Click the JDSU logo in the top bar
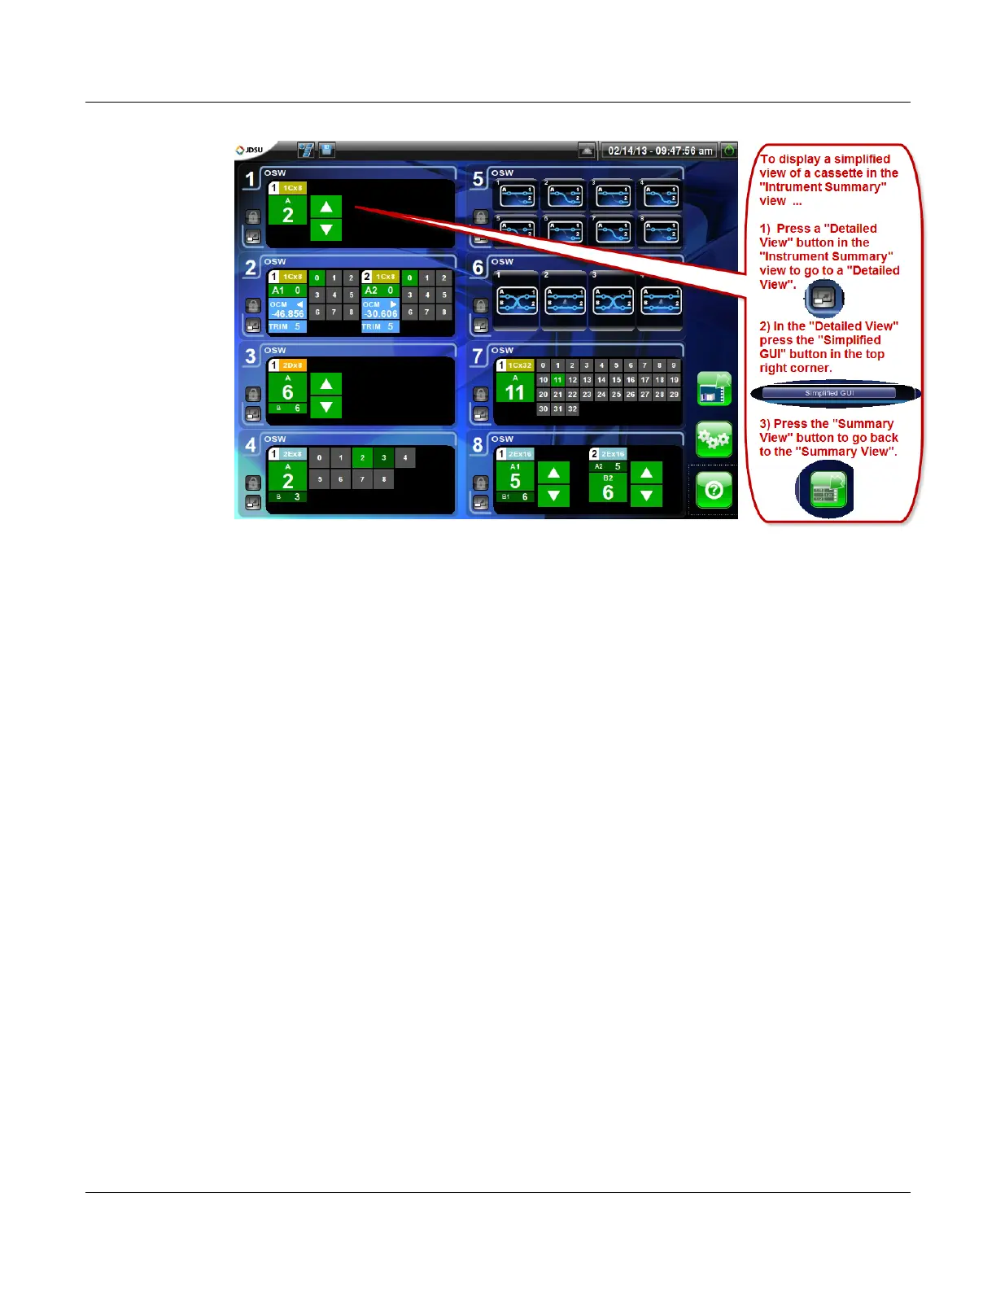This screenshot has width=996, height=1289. coord(249,151)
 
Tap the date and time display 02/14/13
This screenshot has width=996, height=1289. coord(660,151)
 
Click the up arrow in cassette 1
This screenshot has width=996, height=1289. coord(326,207)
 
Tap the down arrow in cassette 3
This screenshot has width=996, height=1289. coord(326,407)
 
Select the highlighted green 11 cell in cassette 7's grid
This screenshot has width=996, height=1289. coord(557,380)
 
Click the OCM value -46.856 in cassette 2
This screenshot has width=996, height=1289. coord(288,313)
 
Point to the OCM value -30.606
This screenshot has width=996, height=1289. coord(381,313)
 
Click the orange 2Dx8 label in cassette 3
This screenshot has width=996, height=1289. coord(292,365)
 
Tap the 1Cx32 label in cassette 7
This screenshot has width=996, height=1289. coord(520,365)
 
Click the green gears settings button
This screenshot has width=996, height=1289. coord(714,440)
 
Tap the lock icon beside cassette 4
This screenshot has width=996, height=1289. coord(253,483)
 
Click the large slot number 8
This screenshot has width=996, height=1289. coord(478,445)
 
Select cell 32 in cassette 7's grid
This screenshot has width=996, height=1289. coord(572,409)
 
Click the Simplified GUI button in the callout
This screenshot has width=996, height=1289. coord(829,393)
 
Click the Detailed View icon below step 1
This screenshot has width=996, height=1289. coord(823,298)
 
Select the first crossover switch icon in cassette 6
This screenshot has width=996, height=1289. coord(517,301)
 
